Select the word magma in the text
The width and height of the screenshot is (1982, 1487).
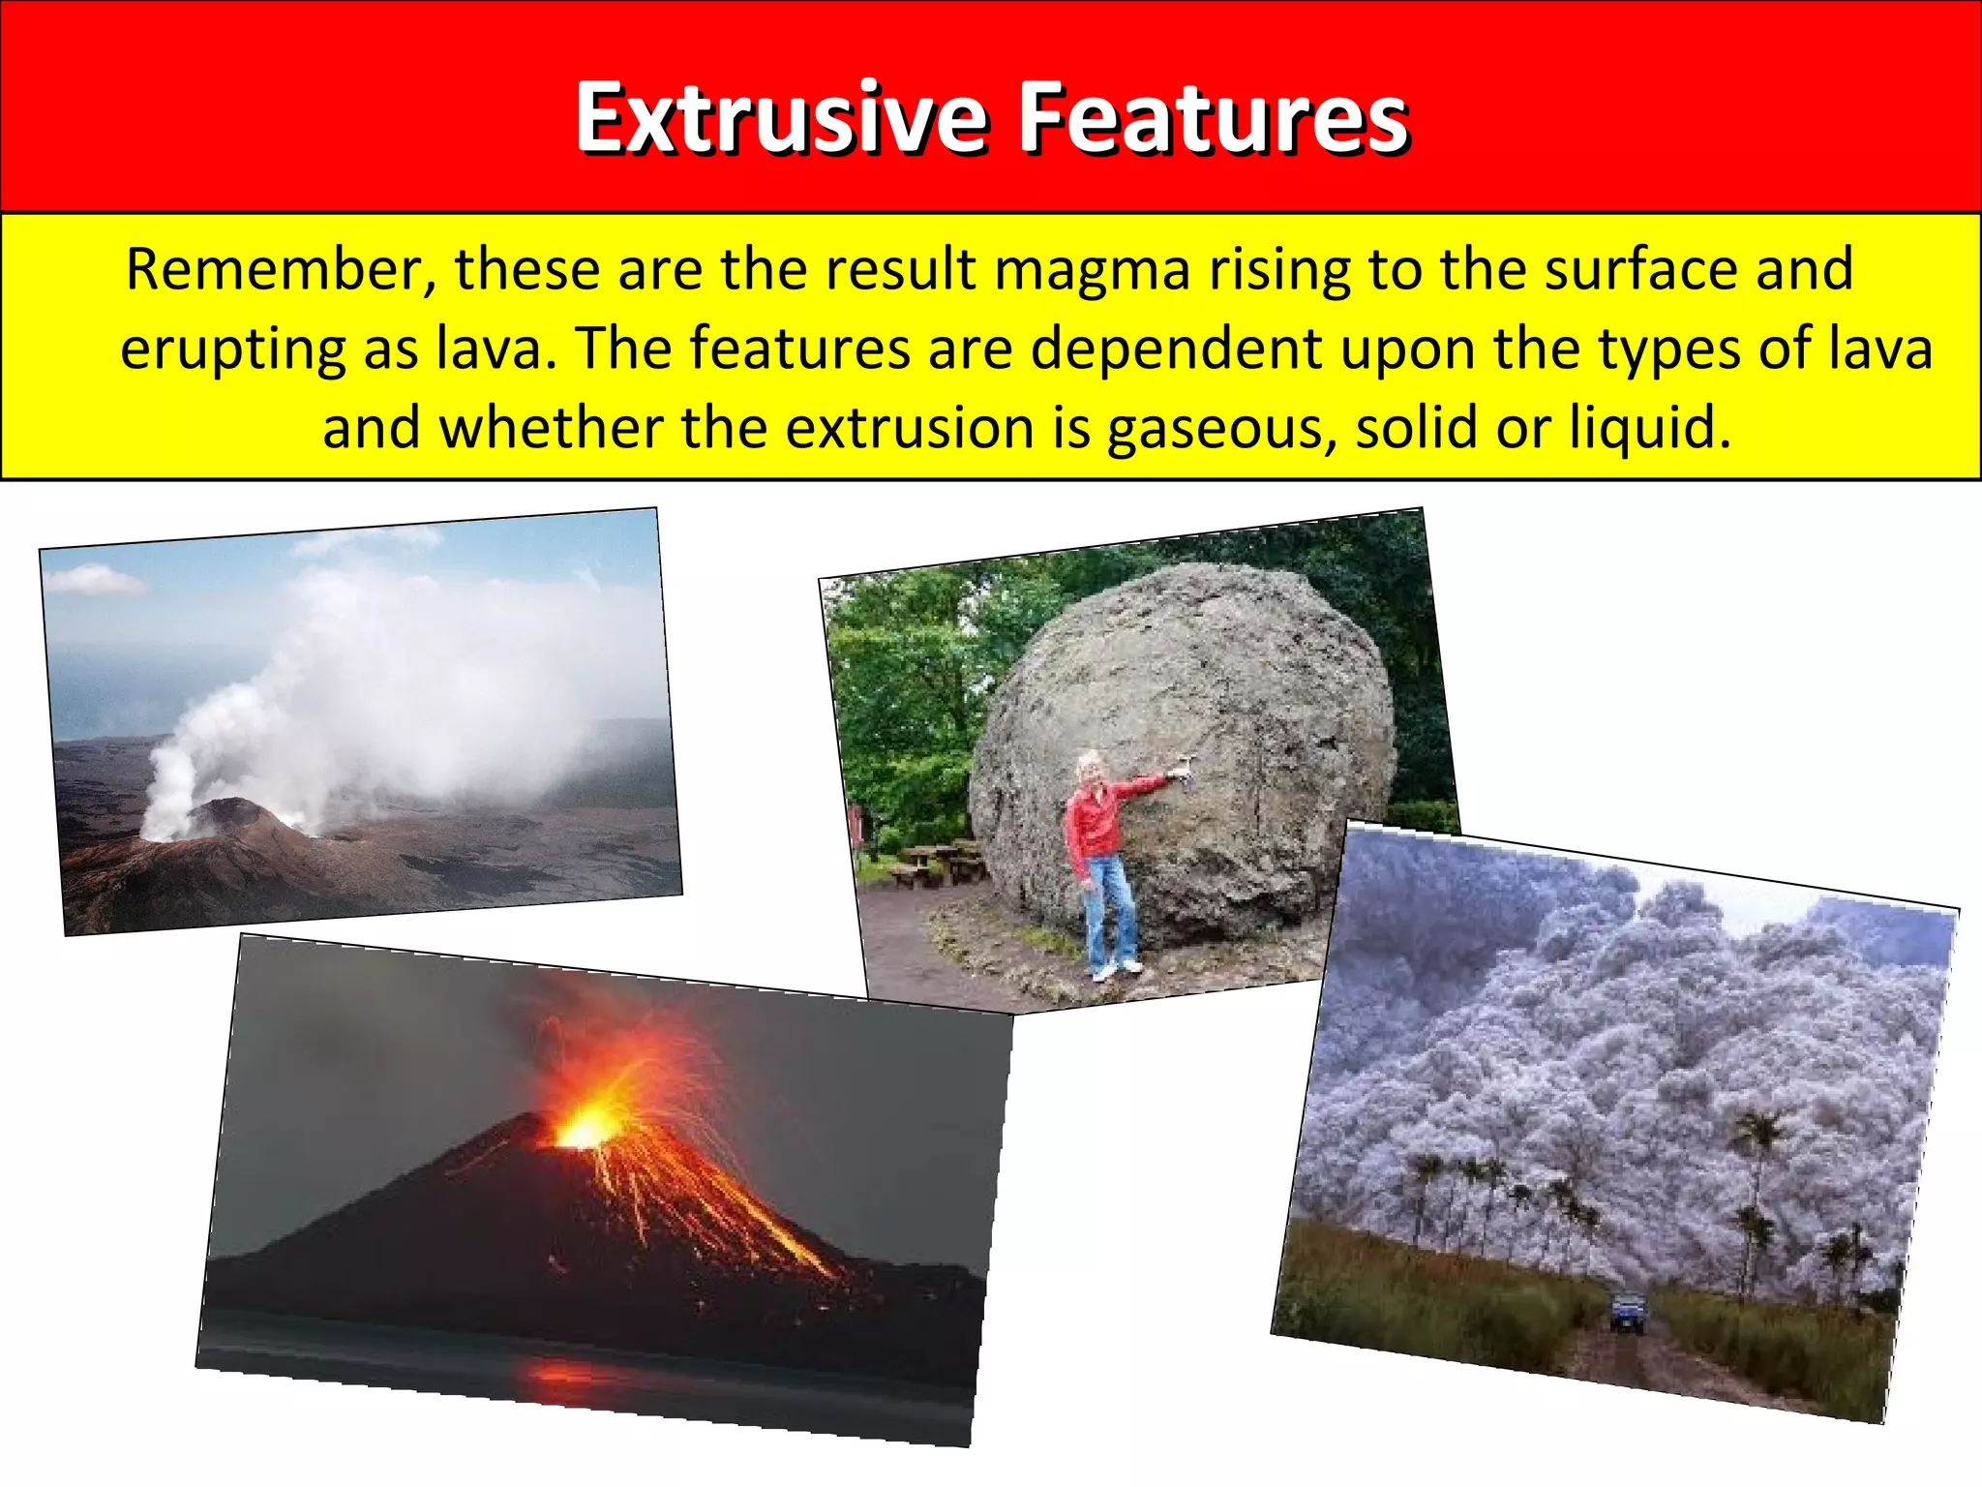click(x=1092, y=271)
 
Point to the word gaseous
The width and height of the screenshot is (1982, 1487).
click(x=1221, y=429)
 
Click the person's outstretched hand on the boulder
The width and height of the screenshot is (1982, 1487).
click(x=1178, y=772)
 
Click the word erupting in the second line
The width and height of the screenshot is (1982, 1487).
click(x=232, y=350)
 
